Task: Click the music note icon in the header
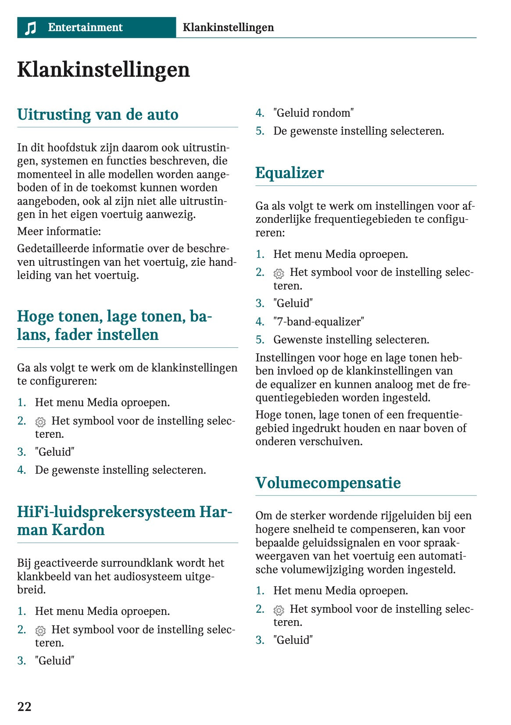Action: click(30, 28)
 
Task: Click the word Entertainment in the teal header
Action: click(85, 27)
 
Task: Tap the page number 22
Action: click(24, 706)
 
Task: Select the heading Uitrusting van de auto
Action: click(98, 114)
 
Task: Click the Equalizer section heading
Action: click(289, 173)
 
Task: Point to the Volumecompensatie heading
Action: click(328, 483)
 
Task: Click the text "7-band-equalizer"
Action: click(318, 321)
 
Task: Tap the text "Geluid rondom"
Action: click(313, 113)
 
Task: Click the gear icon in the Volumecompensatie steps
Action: click(279, 610)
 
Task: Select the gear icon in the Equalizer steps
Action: click(279, 274)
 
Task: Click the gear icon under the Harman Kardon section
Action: click(40, 631)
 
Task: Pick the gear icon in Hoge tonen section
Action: click(40, 422)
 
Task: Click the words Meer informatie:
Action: click(59, 231)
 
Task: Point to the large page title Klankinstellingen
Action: click(104, 70)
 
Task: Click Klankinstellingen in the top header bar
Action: click(228, 27)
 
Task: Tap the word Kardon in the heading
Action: click(78, 530)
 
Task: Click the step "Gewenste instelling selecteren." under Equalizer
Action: click(351, 339)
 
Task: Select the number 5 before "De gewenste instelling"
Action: click(260, 131)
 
